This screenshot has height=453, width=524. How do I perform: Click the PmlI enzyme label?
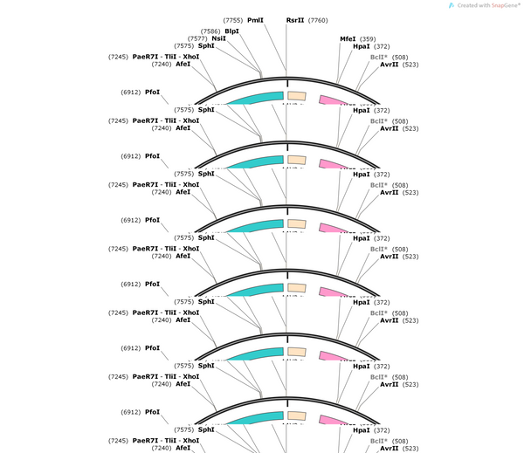(255, 20)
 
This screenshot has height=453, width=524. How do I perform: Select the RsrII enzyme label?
(295, 20)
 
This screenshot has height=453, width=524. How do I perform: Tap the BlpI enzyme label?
(232, 31)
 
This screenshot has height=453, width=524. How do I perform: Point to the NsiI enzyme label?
(218, 38)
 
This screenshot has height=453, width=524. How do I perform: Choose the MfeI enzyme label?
(348, 39)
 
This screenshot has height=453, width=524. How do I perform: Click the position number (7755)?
(233, 20)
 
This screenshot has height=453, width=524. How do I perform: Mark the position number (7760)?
(318, 20)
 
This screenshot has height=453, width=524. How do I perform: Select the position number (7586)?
(210, 31)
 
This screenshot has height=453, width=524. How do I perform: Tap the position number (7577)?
(197, 38)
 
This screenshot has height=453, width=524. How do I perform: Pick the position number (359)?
(368, 39)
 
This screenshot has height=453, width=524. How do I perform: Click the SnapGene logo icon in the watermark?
(452, 5)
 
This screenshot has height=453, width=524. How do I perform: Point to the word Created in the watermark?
(467, 5)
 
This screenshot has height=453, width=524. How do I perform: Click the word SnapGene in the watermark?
(506, 5)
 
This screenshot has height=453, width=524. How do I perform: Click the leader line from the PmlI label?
(275, 47)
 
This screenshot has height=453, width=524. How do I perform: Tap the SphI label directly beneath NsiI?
(206, 45)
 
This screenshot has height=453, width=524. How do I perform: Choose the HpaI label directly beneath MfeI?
(362, 46)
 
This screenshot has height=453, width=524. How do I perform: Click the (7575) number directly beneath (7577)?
(184, 46)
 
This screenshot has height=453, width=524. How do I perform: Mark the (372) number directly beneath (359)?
(382, 46)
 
